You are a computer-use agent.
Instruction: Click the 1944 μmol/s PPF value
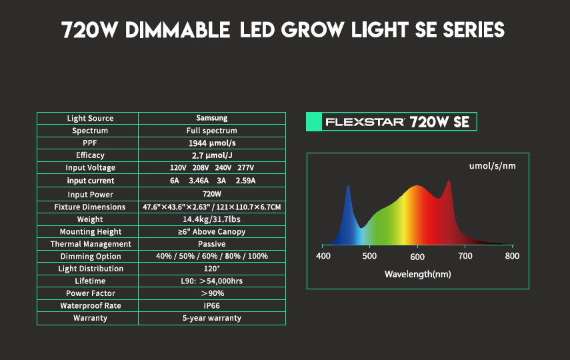[x=212, y=143]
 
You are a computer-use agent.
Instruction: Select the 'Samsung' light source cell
[x=212, y=118]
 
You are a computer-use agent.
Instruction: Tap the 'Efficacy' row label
[x=90, y=155]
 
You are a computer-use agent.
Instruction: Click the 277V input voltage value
[x=246, y=167]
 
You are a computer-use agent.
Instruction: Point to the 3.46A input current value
[x=199, y=181]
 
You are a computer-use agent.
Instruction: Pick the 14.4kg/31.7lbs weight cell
[x=211, y=219]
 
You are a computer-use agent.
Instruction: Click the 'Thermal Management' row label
[x=91, y=244]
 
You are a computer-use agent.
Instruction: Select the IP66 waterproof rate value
[x=211, y=306]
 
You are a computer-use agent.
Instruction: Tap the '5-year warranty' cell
[x=211, y=318]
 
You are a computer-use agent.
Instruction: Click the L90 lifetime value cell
[x=211, y=281]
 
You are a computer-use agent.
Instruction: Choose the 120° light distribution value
[x=211, y=269]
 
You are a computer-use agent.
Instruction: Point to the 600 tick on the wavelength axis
[x=417, y=257]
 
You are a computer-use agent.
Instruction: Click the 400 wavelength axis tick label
[x=323, y=256]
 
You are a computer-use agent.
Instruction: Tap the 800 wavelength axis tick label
[x=512, y=256]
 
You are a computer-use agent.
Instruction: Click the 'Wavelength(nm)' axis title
[x=418, y=274]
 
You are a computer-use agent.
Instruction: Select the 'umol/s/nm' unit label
[x=492, y=166]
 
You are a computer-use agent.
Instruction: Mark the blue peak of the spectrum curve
[x=348, y=186]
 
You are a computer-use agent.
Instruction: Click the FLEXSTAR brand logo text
[x=365, y=122]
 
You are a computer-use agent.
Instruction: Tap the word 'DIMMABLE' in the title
[x=177, y=30]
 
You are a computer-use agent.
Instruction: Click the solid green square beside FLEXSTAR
[x=314, y=121]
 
